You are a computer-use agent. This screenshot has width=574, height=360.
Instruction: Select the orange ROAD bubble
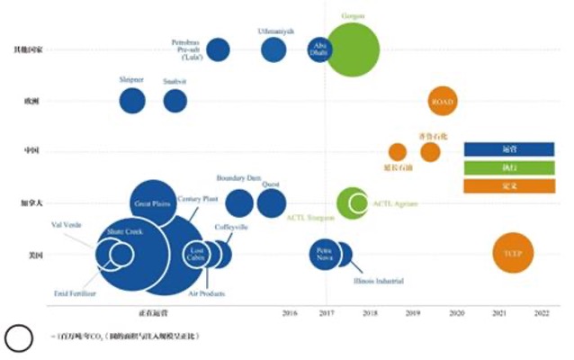coord(442,102)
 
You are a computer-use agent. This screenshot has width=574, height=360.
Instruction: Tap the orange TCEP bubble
coord(513,253)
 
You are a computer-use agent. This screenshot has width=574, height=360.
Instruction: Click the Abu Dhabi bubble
coord(319,50)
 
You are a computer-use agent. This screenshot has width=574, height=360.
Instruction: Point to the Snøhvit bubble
coord(175,101)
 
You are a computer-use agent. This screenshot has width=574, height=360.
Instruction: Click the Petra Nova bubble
coord(325,255)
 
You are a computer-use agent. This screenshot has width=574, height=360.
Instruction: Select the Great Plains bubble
coord(152,204)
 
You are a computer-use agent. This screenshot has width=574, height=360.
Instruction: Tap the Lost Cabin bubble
coord(197,255)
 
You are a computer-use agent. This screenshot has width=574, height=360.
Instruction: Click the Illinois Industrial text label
coord(378,282)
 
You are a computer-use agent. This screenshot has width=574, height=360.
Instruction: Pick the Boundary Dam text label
coord(238,176)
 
